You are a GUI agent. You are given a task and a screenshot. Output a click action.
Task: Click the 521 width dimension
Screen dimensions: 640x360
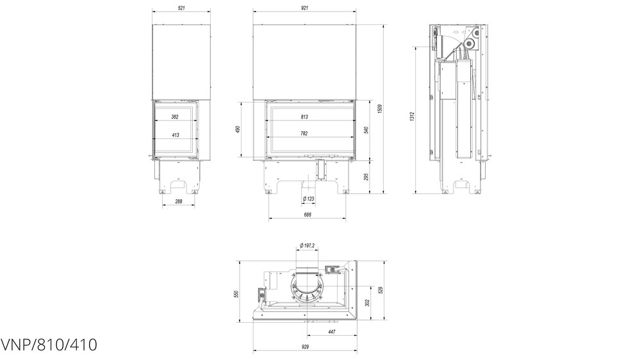point(183,8)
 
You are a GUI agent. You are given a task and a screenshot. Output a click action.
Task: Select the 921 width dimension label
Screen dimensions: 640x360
point(304,8)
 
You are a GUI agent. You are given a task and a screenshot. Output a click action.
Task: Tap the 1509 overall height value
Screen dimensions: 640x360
point(379,110)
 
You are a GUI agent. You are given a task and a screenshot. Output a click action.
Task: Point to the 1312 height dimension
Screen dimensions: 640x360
point(412,117)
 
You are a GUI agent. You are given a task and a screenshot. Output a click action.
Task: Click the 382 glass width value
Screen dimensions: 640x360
point(175,117)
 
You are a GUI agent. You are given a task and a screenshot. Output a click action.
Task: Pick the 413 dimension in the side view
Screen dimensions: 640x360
point(175,135)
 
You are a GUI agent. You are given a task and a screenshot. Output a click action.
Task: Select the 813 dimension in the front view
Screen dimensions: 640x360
point(304,117)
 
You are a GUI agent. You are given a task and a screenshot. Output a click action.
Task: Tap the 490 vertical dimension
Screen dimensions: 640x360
point(238,129)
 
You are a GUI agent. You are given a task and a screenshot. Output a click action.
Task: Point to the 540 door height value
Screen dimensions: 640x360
point(366,130)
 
